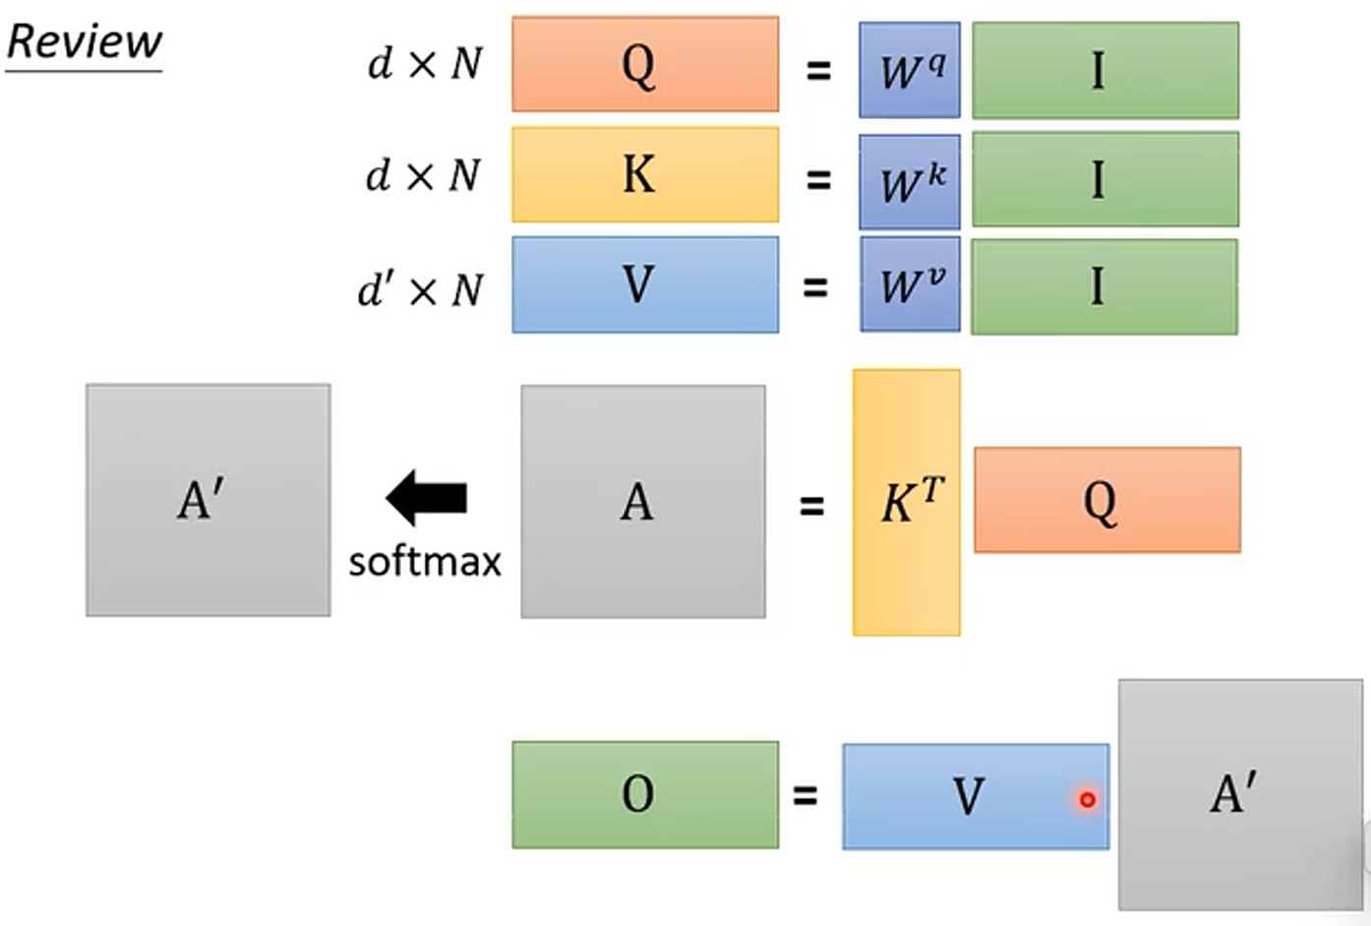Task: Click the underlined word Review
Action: (x=84, y=42)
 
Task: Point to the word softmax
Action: (x=425, y=562)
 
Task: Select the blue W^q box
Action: (x=910, y=70)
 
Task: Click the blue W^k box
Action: (x=910, y=181)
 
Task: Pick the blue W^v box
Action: (x=910, y=284)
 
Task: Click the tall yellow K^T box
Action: (x=906, y=502)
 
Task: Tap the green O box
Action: (x=645, y=794)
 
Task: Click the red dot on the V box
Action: (x=1087, y=800)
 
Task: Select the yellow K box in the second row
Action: (x=645, y=174)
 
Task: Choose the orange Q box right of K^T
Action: (x=1106, y=500)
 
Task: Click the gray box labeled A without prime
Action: (x=643, y=501)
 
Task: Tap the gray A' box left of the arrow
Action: (x=209, y=500)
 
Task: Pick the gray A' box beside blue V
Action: (x=1239, y=793)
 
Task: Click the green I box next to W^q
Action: (x=1105, y=70)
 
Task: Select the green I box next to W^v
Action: (x=1104, y=286)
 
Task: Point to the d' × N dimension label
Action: (x=420, y=290)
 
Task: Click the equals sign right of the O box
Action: (x=805, y=794)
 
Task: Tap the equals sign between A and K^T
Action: (x=811, y=506)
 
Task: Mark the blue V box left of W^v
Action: (x=645, y=284)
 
